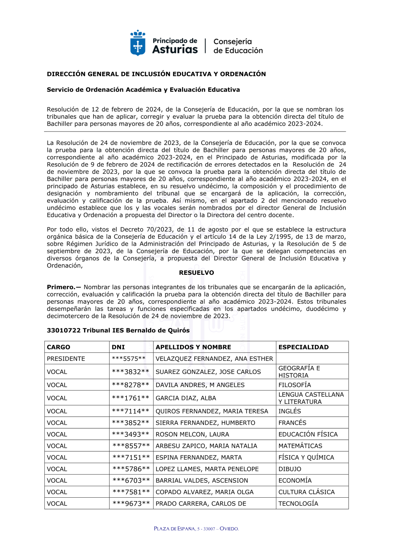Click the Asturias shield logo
pyautogui.click(x=138, y=43)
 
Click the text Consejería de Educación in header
pyautogui.click(x=238, y=46)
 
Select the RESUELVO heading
pyautogui.click(x=196, y=273)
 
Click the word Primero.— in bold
pyautogui.click(x=64, y=287)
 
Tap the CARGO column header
pyautogui.click(x=59, y=347)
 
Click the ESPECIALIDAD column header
pyautogui.click(x=303, y=347)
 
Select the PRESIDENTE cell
pyautogui.click(x=66, y=359)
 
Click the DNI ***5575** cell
pyautogui.click(x=129, y=359)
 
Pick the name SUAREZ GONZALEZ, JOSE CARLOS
pyautogui.click(x=208, y=372)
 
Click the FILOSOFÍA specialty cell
pyautogui.click(x=295, y=385)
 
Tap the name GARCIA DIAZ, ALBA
pyautogui.click(x=186, y=398)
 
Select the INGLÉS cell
pyautogui.click(x=290, y=411)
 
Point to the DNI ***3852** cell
pyautogui.click(x=130, y=423)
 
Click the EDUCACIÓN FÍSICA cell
pyautogui.click(x=308, y=435)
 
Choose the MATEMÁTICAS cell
pyautogui.click(x=300, y=446)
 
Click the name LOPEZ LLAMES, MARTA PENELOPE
pyautogui.click(x=207, y=469)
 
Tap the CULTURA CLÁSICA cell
pyautogui.click(x=307, y=492)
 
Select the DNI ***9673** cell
pyautogui.click(x=131, y=504)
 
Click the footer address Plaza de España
pyautogui.click(x=196, y=529)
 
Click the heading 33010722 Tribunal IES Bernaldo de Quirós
pyautogui.click(x=118, y=330)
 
